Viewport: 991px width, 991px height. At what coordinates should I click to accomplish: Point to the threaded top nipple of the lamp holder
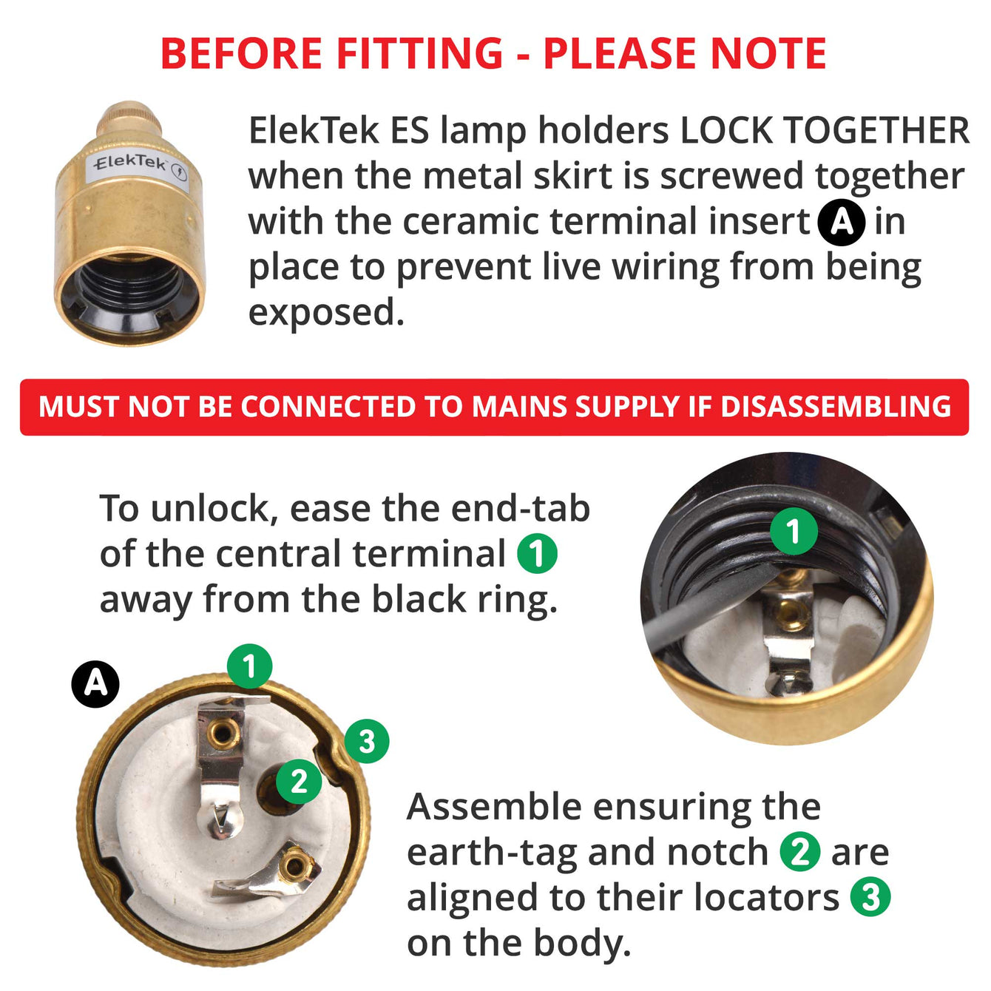(x=129, y=118)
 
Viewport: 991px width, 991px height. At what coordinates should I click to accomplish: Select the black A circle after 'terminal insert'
(x=842, y=222)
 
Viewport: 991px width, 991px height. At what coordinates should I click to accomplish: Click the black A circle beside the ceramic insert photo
(x=95, y=684)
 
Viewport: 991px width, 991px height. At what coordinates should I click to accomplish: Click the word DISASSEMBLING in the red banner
(x=836, y=406)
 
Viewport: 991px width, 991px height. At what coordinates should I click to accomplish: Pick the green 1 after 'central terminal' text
(x=538, y=554)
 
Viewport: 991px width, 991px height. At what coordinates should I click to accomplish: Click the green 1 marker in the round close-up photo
(x=794, y=531)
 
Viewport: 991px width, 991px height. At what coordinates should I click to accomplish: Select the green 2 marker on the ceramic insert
(x=299, y=781)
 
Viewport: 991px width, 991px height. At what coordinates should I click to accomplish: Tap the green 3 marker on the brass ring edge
(x=367, y=741)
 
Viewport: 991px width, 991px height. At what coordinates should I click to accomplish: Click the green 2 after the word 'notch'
(x=799, y=852)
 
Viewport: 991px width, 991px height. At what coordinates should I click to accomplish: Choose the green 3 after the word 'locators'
(x=870, y=897)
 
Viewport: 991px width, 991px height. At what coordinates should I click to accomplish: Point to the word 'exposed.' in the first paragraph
(x=327, y=313)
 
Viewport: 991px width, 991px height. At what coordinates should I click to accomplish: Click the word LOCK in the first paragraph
(x=726, y=131)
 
